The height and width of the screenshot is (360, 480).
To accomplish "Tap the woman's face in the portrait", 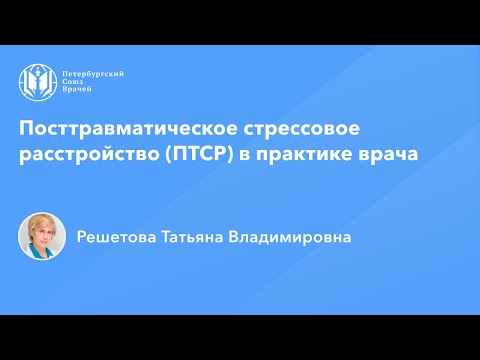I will click(x=42, y=237).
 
